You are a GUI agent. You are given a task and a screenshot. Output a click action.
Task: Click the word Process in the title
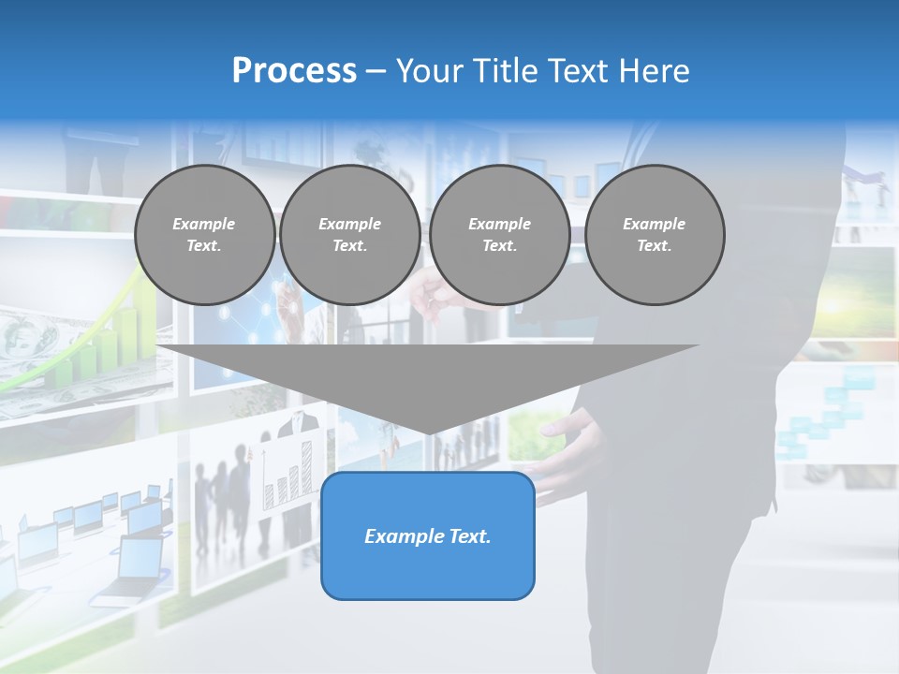point(294,71)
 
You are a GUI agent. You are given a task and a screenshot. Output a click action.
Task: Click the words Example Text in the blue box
point(428,536)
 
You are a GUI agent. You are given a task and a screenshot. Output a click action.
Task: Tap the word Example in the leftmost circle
point(204,224)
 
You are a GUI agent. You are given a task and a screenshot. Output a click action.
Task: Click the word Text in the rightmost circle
point(655,245)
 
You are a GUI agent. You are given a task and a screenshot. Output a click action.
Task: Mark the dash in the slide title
point(376,71)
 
